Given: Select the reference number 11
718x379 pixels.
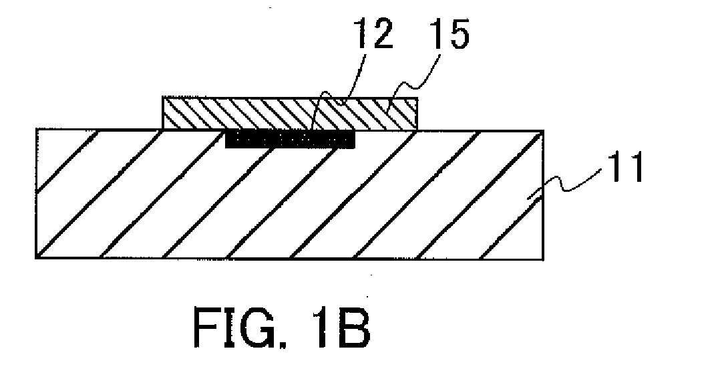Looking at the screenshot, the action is (626, 168).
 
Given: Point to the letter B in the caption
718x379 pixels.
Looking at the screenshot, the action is (353, 328).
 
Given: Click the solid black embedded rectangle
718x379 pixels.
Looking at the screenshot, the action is (291, 139).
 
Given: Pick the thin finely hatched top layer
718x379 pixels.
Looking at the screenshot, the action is (290, 113).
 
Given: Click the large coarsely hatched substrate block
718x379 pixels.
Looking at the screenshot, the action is (289, 195).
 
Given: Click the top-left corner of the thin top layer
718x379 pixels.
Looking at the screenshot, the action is (163, 97).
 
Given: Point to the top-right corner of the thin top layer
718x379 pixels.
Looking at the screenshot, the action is (417, 97).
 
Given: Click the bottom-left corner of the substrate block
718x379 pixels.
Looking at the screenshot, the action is (36, 259).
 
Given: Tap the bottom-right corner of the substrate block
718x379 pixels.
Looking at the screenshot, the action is (544, 259).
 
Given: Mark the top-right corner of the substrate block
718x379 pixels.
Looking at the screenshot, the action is (544, 130).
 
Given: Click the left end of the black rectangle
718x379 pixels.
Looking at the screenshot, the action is (226, 140).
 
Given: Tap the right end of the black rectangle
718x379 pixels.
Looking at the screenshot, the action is (355, 140).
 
